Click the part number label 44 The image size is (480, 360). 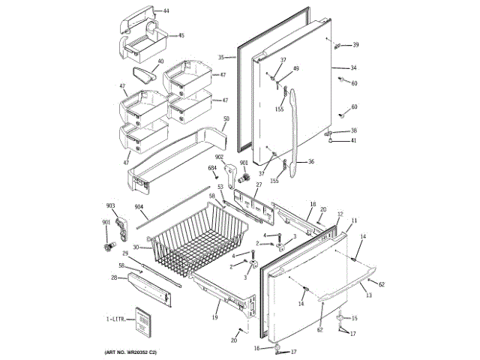pos(166,11)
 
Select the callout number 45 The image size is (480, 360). pos(181,34)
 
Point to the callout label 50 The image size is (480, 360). pos(226,119)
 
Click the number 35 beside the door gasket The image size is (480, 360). pos(222,58)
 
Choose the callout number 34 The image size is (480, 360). pos(353,68)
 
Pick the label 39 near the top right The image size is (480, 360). pos(355,44)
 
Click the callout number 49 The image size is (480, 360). pos(295,69)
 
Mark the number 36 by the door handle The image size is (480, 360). pos(310,161)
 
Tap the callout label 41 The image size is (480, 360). pos(354,141)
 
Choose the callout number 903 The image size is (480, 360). pos(110,205)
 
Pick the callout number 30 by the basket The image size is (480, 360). pos(136,247)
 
